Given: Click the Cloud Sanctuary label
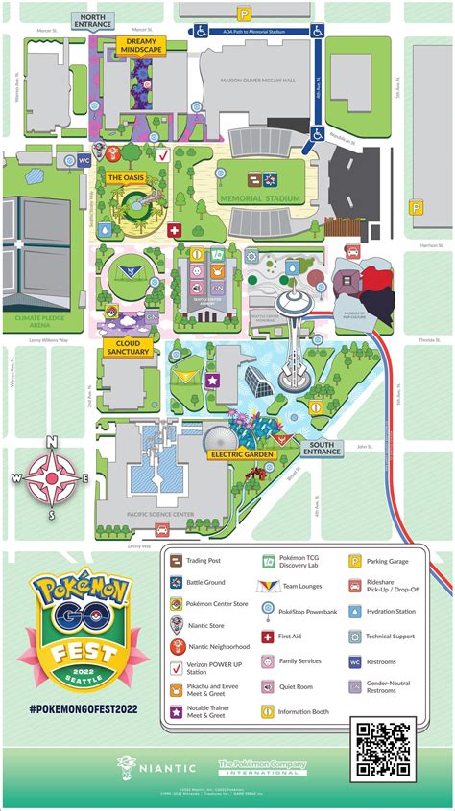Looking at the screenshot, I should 127,347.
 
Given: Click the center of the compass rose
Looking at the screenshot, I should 53,477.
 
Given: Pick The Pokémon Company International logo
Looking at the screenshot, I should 262,767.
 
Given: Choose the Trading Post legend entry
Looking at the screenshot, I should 204,561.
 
